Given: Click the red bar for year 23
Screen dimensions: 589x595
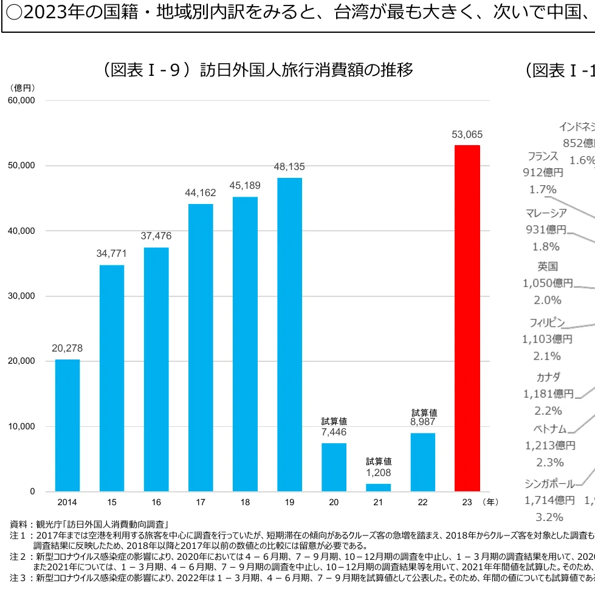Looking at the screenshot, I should point(467,318).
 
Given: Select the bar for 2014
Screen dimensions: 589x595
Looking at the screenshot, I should point(67,425).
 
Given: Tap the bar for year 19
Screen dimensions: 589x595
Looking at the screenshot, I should point(289,334).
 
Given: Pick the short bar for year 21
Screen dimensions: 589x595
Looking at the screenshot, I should point(379,487).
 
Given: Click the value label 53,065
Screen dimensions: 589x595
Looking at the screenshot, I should point(467,135).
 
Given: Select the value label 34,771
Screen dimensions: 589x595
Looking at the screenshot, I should point(112,254).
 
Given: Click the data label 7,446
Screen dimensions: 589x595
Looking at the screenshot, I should point(334,432).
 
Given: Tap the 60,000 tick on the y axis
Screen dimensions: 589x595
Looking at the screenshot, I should point(21,100).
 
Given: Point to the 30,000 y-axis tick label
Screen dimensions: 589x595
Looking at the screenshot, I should point(21,296).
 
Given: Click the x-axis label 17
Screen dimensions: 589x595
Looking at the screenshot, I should point(201,503).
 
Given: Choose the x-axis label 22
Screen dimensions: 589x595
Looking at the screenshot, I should point(422,503).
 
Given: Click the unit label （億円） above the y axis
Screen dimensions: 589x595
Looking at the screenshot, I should point(22,87).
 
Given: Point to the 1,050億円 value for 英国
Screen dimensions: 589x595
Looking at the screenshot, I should point(547,283).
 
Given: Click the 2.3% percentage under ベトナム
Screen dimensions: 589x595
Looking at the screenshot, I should point(550,462).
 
